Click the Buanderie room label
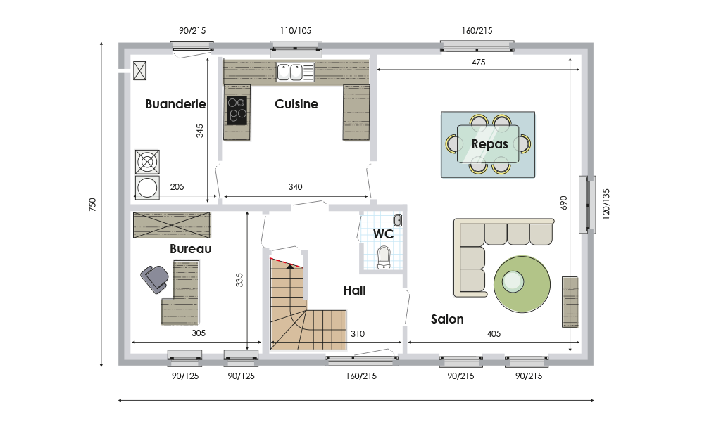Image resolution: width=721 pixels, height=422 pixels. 175,104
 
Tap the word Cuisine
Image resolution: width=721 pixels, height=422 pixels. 296,104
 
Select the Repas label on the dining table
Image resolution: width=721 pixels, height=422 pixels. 490,144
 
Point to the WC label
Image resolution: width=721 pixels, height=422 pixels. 384,234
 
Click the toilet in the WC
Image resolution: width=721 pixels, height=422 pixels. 384,257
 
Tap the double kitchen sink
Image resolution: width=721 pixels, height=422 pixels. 289,72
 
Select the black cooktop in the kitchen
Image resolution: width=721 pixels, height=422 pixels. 237,110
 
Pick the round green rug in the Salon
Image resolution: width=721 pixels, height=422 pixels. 522,284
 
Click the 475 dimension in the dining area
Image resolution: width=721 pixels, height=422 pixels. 478,63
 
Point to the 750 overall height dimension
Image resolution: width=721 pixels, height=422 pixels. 92,205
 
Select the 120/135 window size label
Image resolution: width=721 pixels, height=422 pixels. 606,204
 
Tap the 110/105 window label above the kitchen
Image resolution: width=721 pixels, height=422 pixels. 296,31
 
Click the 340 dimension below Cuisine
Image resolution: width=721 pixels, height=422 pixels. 295,187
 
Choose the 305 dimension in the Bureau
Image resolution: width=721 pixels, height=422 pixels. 199,333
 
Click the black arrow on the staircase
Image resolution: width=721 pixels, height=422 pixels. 289,266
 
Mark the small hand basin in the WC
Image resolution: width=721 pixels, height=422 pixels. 398,220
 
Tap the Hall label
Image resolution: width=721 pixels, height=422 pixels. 355,290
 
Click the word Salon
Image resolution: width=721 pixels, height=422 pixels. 447,319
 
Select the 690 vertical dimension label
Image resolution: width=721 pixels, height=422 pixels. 564,203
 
